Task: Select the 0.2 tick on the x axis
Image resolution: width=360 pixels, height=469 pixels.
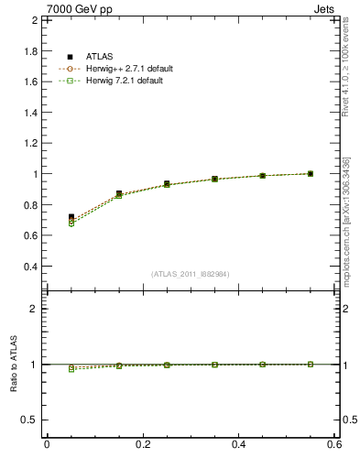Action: click(x=142, y=444)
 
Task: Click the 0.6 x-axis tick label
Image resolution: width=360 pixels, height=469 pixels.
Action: click(x=334, y=444)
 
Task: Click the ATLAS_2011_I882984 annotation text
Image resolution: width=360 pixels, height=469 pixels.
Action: click(x=191, y=274)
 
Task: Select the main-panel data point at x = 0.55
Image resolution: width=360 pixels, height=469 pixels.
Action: click(x=311, y=173)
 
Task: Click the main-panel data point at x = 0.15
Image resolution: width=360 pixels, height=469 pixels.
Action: click(x=119, y=194)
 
